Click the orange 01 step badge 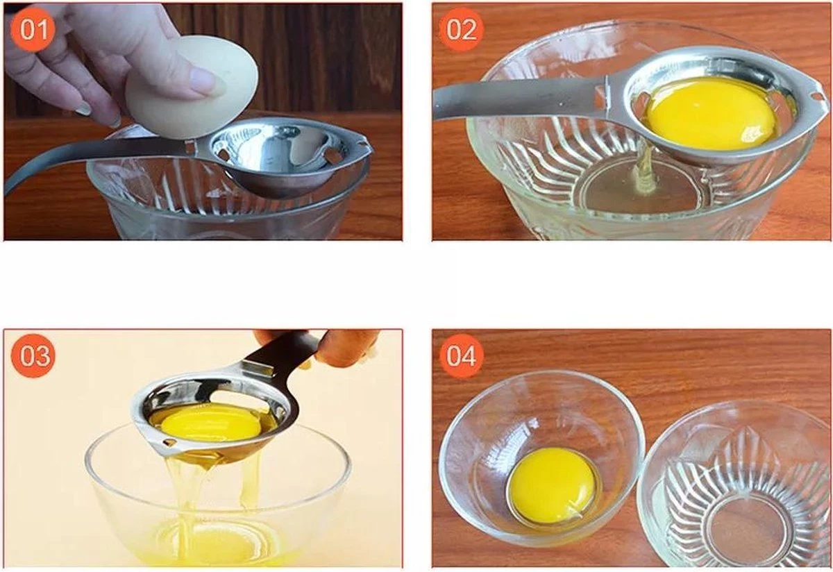coord(33,29)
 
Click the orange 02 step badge coord(462,29)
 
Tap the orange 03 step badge coord(33,355)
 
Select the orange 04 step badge coord(462,355)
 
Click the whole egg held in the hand coord(191,87)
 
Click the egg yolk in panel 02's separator coord(711,112)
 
